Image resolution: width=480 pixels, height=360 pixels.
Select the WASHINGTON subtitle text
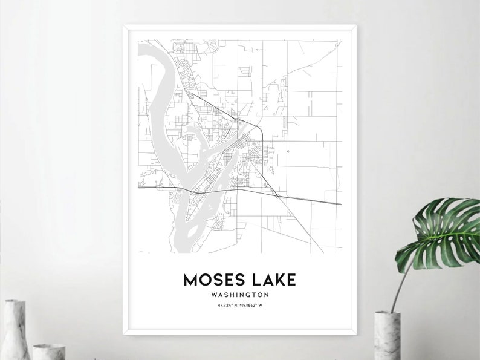click(241, 295)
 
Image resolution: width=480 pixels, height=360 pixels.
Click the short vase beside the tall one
click(48, 352)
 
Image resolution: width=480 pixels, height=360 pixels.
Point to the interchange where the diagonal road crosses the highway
click(276, 195)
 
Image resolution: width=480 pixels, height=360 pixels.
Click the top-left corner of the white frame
click(125, 25)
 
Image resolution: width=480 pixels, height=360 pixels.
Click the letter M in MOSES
click(191, 280)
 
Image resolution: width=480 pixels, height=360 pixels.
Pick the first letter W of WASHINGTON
click(215, 295)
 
